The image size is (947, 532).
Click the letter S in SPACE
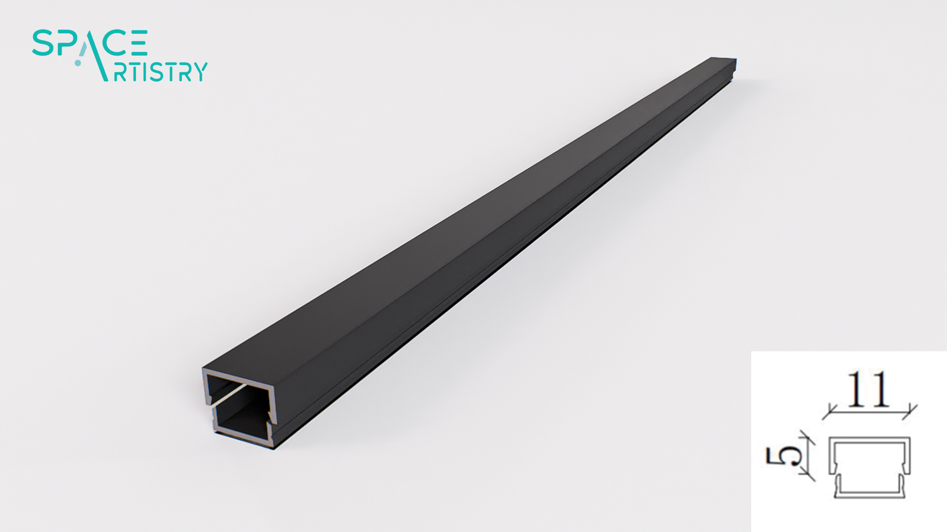pyautogui.click(x=42, y=43)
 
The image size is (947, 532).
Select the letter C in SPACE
pyautogui.click(x=115, y=43)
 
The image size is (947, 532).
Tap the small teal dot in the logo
pyautogui.click(x=78, y=63)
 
